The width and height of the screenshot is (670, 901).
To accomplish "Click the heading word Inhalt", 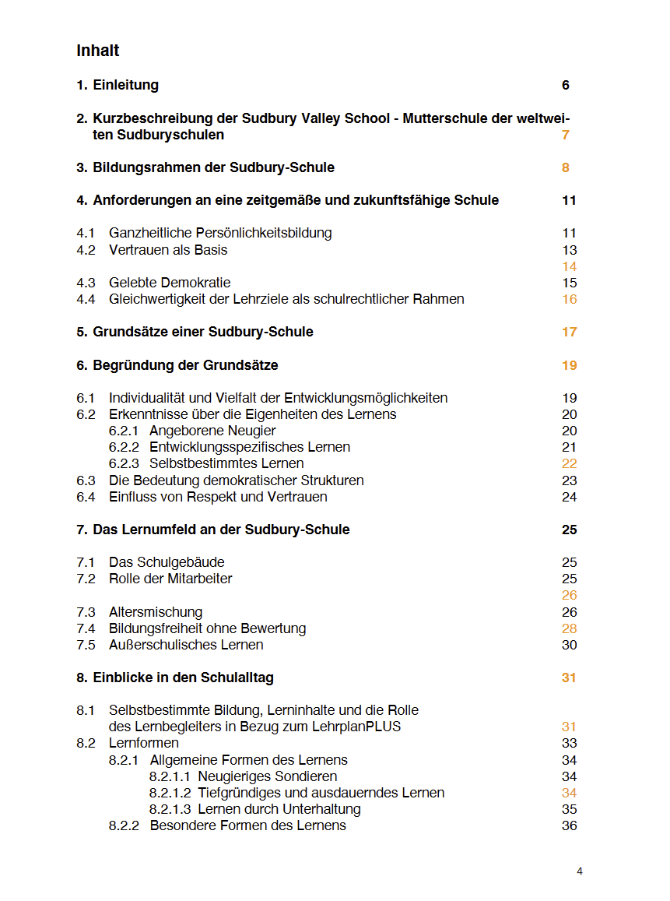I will [98, 51].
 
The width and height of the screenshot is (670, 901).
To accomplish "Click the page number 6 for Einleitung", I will [566, 85].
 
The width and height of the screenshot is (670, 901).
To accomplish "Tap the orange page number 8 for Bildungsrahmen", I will [566, 167].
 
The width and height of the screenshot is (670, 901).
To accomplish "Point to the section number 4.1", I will [86, 233].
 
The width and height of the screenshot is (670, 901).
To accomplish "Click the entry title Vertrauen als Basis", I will [168, 250].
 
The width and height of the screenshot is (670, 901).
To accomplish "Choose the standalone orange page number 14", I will [569, 266].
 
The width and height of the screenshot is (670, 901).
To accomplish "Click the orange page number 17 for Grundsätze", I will [569, 332].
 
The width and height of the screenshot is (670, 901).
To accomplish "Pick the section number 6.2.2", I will [124, 447].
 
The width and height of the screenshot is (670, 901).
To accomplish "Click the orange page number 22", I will [569, 463].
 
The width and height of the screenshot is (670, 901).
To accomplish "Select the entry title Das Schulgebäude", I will [167, 562].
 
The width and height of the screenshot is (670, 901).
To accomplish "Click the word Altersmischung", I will [156, 612].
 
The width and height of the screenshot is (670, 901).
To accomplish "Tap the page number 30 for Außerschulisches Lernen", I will [569, 645].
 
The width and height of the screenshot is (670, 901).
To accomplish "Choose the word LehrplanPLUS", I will [357, 727].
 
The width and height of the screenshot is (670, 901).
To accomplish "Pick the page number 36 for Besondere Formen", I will [569, 825].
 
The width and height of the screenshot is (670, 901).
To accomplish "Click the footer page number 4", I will [580, 871].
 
